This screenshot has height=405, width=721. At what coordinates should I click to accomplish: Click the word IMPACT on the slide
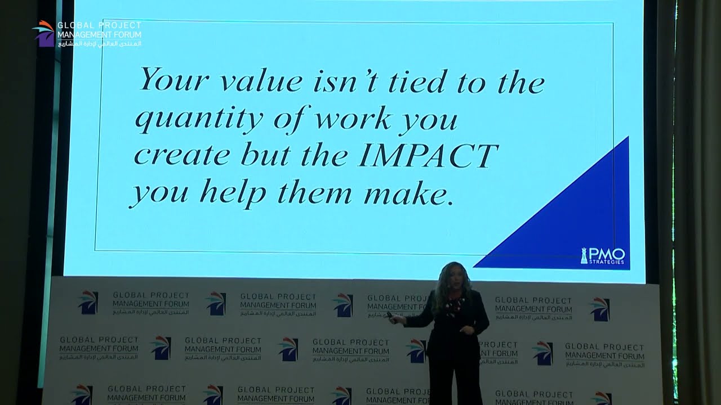click(428, 155)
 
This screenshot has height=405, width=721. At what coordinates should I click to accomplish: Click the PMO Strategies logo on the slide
click(603, 256)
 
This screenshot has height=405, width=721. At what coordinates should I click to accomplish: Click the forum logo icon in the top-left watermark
click(43, 33)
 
